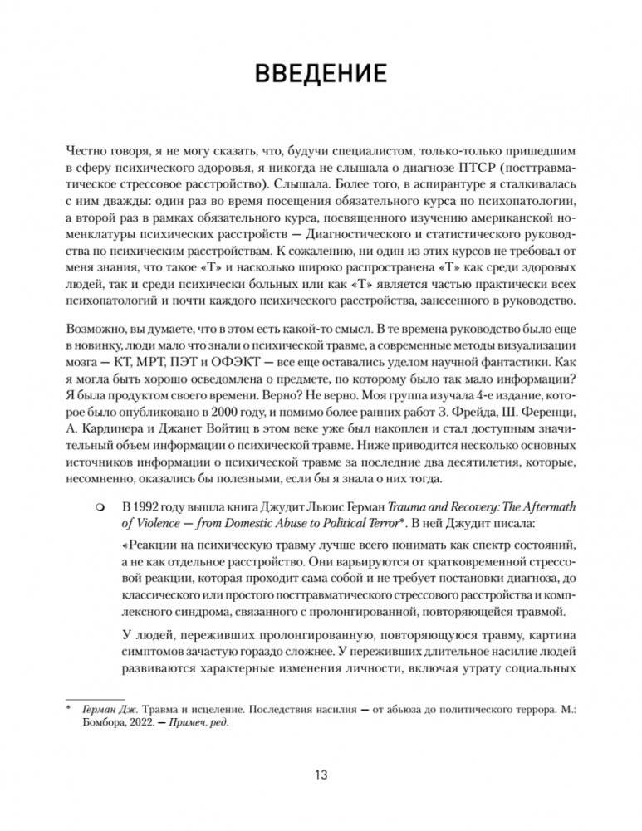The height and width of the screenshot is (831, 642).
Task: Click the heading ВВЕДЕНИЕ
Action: tap(321, 74)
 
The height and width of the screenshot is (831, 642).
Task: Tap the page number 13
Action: tap(321, 775)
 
